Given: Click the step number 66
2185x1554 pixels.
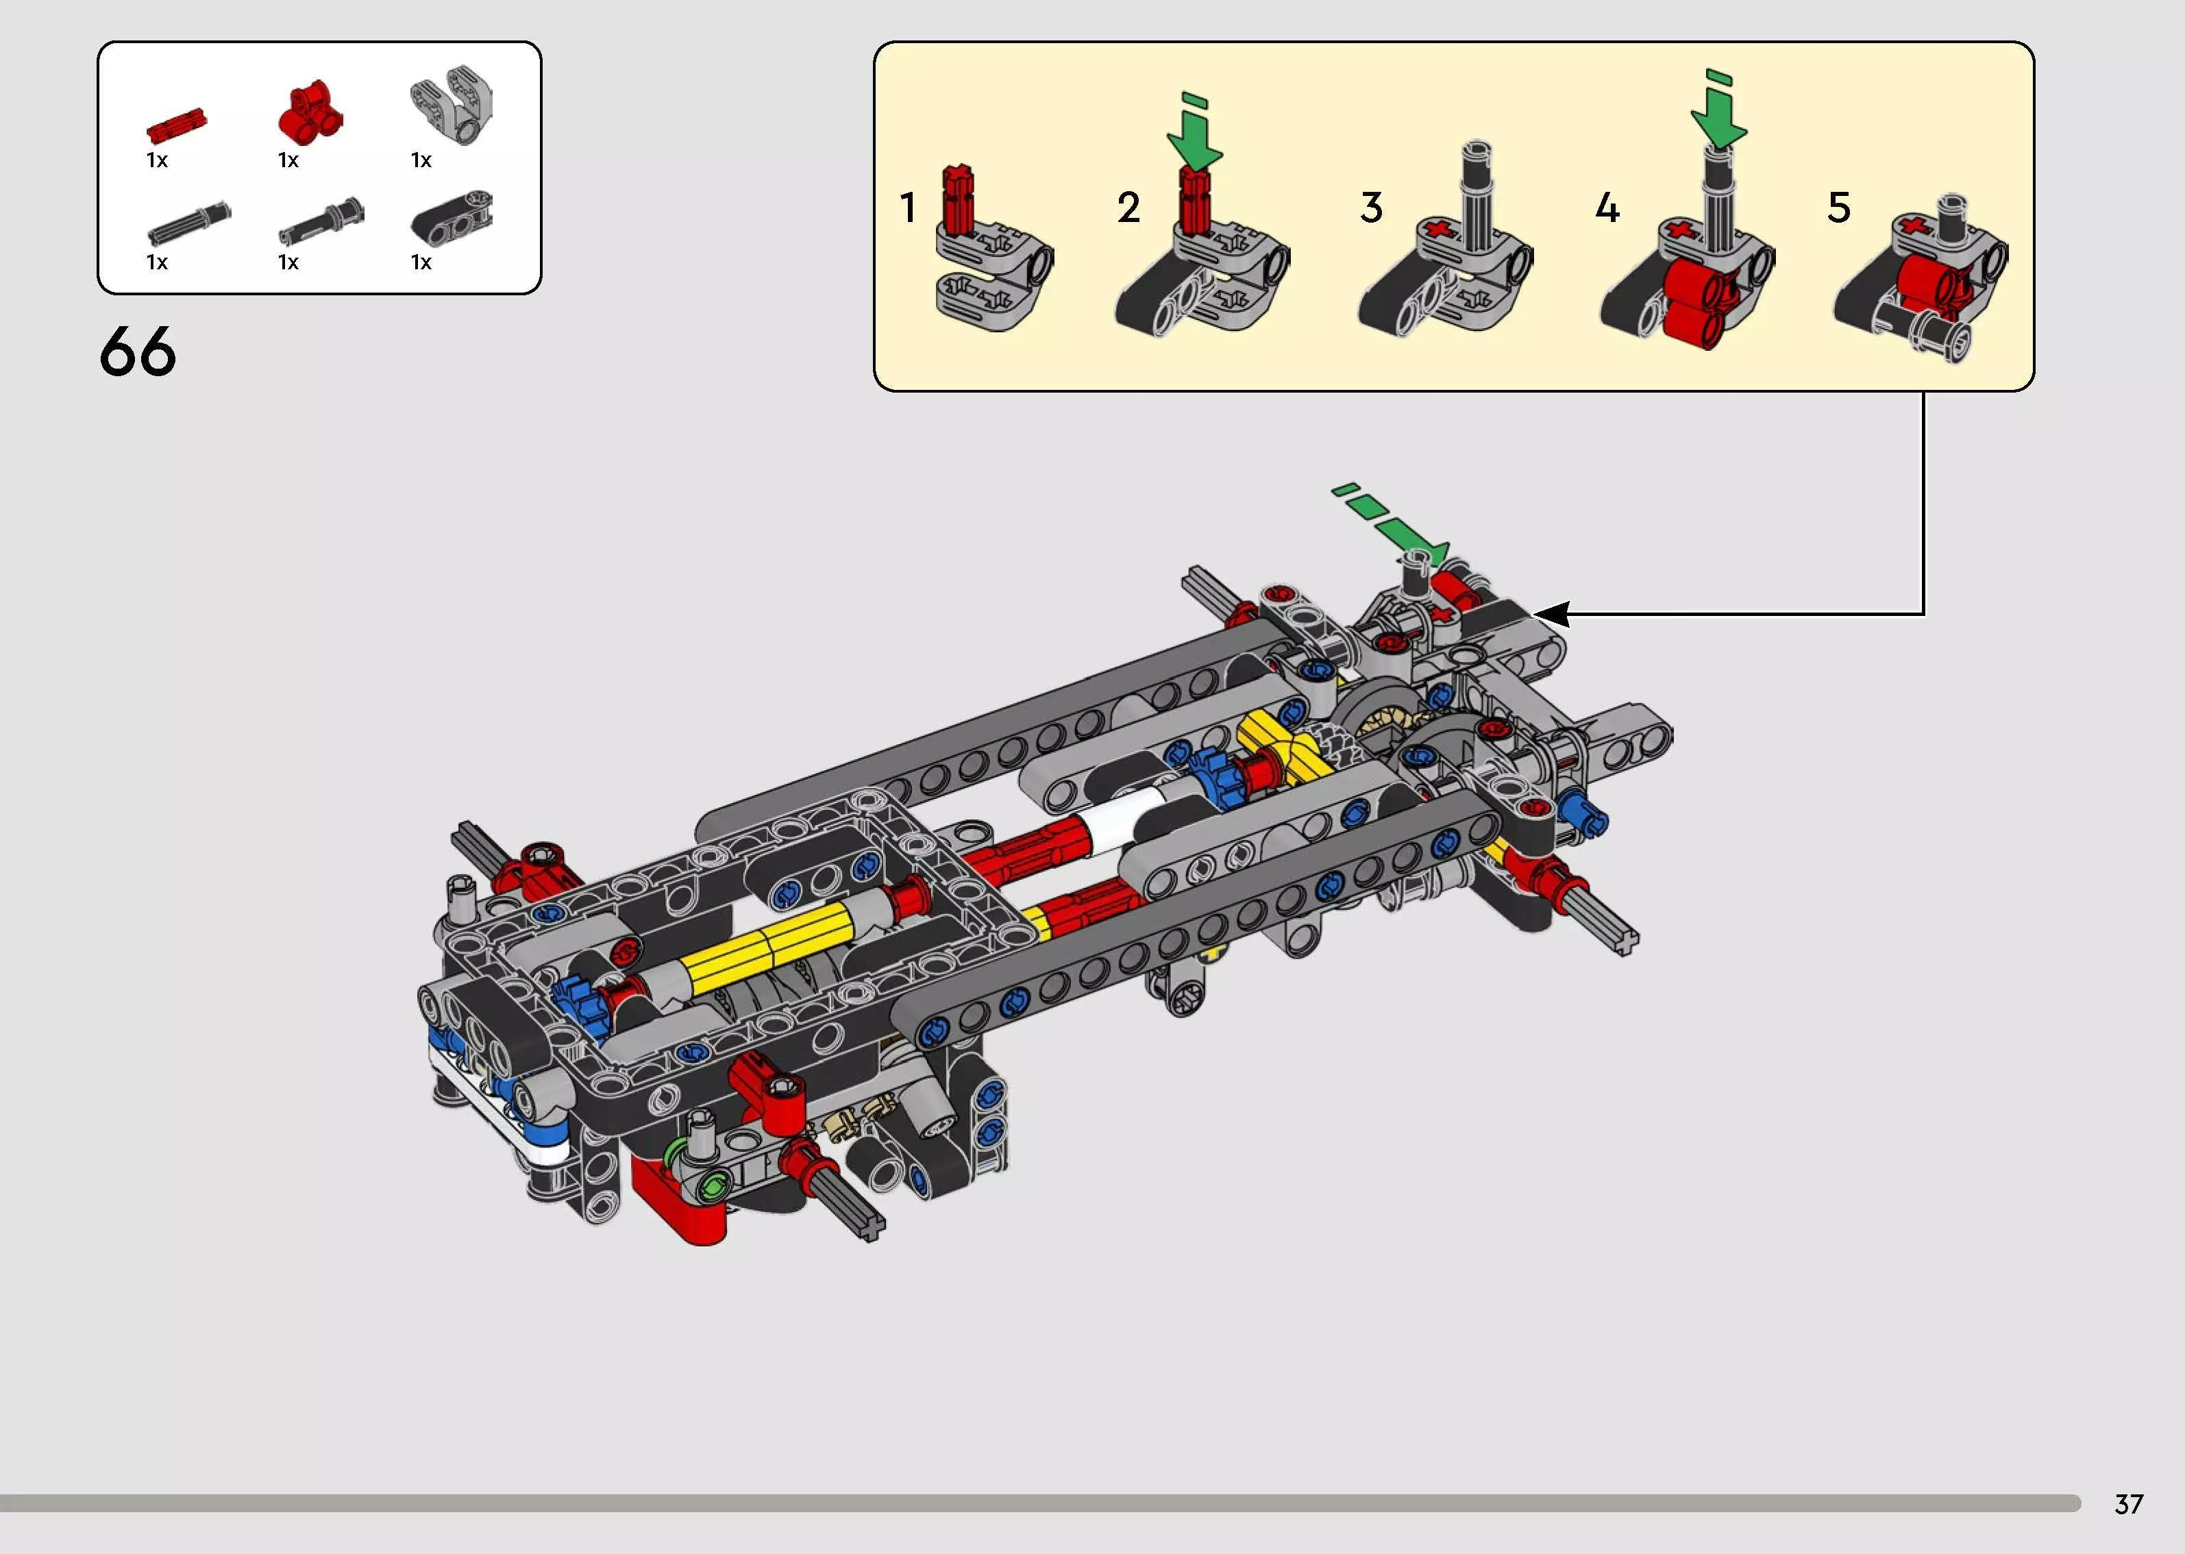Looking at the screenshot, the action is click(138, 351).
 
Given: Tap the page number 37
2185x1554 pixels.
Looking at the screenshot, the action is click(2129, 1504).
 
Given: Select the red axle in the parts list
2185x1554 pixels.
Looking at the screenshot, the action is click(176, 125).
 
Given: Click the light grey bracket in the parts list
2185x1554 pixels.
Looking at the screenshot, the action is click(452, 103).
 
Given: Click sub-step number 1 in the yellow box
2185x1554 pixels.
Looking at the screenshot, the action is click(908, 208).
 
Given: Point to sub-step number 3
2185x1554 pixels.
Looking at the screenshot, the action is click(1371, 208).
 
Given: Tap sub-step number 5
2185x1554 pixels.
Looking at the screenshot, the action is click(1839, 208).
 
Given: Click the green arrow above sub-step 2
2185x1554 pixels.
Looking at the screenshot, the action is click(1194, 134).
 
